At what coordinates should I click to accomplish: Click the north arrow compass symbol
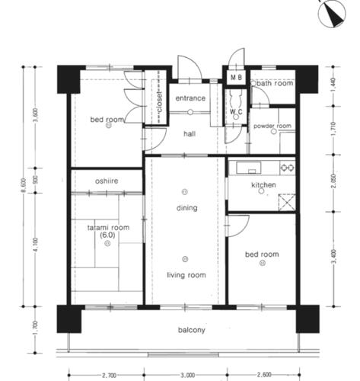pyautogui.click(x=332, y=13)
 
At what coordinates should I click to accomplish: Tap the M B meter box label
pyautogui.click(x=236, y=77)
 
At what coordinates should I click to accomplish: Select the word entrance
pyautogui.click(x=190, y=98)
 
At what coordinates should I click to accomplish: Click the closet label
pyautogui.click(x=160, y=102)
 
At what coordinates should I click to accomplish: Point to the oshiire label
pyautogui.click(x=107, y=181)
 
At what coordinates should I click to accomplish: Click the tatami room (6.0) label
pyautogui.click(x=108, y=231)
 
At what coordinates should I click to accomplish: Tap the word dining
pyautogui.click(x=187, y=208)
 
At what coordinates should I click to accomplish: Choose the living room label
pyautogui.click(x=186, y=275)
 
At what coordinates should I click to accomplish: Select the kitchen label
pyautogui.click(x=263, y=184)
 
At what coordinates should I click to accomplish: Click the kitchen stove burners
pyautogui.click(x=287, y=168)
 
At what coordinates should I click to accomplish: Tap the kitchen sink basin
pyautogui.click(x=249, y=168)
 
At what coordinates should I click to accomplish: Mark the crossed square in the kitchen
pyautogui.click(x=287, y=202)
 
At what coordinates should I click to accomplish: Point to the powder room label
pyautogui.click(x=272, y=126)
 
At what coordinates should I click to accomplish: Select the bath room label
pyautogui.click(x=275, y=83)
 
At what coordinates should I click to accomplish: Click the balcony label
pyautogui.click(x=192, y=330)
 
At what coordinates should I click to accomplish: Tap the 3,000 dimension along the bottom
pyautogui.click(x=187, y=375)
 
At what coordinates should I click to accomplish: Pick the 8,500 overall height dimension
pyautogui.click(x=24, y=185)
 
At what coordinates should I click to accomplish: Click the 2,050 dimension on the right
pyautogui.click(x=333, y=181)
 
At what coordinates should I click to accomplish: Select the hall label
pyautogui.click(x=190, y=134)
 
